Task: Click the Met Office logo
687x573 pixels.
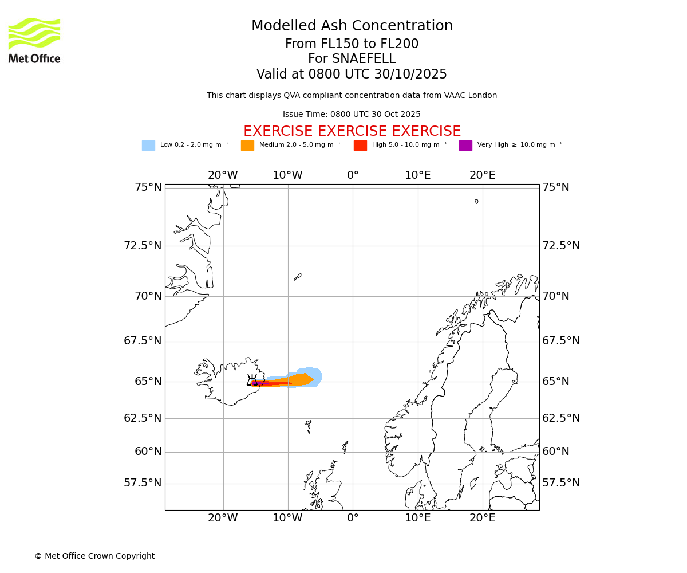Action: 34,40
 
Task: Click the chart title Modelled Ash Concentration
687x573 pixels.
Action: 352,26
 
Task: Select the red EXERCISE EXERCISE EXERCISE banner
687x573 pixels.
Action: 352,131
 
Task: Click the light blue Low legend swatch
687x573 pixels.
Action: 148,146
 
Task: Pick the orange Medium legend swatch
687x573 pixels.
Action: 247,146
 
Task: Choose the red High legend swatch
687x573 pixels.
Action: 360,146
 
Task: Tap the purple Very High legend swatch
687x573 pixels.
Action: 465,146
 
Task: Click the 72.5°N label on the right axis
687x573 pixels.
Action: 561,246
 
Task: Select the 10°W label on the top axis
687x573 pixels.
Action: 287,175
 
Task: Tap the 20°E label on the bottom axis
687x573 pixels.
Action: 483,518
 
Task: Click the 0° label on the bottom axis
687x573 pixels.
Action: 353,518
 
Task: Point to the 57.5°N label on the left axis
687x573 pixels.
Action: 143,483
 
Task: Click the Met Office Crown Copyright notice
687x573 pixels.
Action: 94,556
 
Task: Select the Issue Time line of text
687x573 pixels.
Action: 352,114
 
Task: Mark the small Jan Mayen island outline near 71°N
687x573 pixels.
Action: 297,277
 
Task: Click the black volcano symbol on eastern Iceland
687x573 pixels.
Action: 252,380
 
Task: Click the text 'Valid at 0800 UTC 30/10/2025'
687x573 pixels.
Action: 352,74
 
